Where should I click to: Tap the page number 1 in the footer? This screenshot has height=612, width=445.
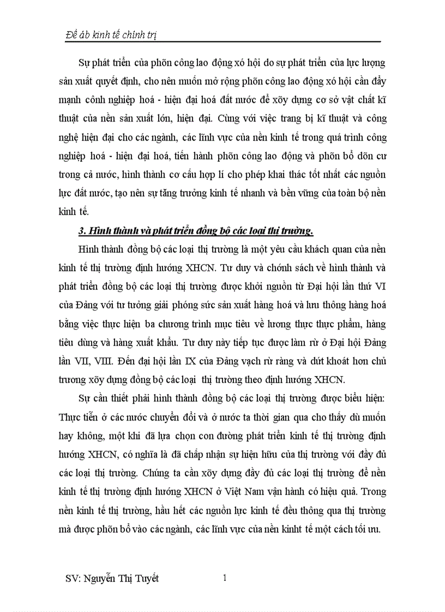[x=224, y=579]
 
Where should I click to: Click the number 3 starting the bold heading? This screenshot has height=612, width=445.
[x=81, y=231]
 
